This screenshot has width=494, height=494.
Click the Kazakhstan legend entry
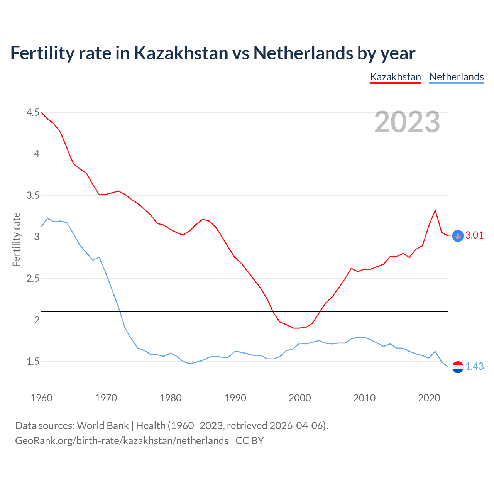(x=395, y=77)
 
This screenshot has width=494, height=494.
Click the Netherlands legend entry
(x=456, y=77)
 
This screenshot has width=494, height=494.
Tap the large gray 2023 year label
(x=407, y=122)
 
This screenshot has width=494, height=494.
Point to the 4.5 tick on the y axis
(x=33, y=113)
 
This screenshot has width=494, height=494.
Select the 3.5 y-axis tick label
(x=33, y=196)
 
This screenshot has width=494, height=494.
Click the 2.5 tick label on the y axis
(x=33, y=279)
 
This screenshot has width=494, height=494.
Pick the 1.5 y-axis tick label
(x=33, y=362)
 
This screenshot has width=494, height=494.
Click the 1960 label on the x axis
(x=41, y=398)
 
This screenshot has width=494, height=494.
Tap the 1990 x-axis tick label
(x=235, y=398)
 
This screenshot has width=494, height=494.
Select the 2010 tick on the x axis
(x=364, y=398)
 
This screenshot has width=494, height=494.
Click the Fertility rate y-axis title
(x=16, y=239)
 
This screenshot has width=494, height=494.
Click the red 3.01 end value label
(x=474, y=235)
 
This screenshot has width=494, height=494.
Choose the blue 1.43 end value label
(x=474, y=366)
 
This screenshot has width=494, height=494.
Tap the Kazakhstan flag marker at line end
(x=458, y=236)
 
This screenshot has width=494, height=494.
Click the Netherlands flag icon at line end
(x=458, y=367)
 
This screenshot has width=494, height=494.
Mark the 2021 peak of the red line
(x=435, y=210)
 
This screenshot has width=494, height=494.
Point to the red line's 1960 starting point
(x=41, y=112)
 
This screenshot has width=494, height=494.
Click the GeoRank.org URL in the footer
(x=122, y=441)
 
